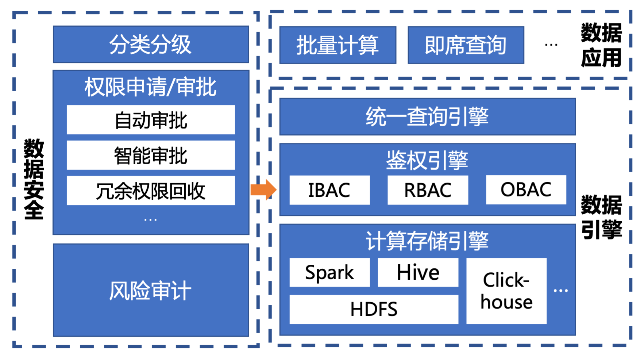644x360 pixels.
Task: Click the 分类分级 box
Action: point(151,44)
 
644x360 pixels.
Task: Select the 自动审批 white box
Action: point(151,120)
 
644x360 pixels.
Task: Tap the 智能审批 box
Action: point(151,155)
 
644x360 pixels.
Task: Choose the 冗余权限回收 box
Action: point(151,191)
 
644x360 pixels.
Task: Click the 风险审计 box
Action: point(151,290)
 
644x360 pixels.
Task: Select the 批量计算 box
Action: point(338,45)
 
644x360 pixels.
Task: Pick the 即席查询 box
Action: point(466,45)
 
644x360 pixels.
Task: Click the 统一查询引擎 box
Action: point(427,116)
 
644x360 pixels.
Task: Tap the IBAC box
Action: point(329,190)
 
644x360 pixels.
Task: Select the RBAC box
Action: point(428,190)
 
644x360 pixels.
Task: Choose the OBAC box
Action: point(526,189)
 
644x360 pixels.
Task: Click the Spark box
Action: point(329,272)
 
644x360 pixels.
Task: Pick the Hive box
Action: point(418,272)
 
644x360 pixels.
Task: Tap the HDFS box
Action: point(374,309)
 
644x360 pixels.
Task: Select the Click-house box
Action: point(506,291)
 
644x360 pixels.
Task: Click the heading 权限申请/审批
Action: point(150,87)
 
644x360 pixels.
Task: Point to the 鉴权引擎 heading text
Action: point(427,160)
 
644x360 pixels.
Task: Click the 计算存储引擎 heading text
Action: point(427,241)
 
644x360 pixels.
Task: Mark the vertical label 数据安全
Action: point(34,179)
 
